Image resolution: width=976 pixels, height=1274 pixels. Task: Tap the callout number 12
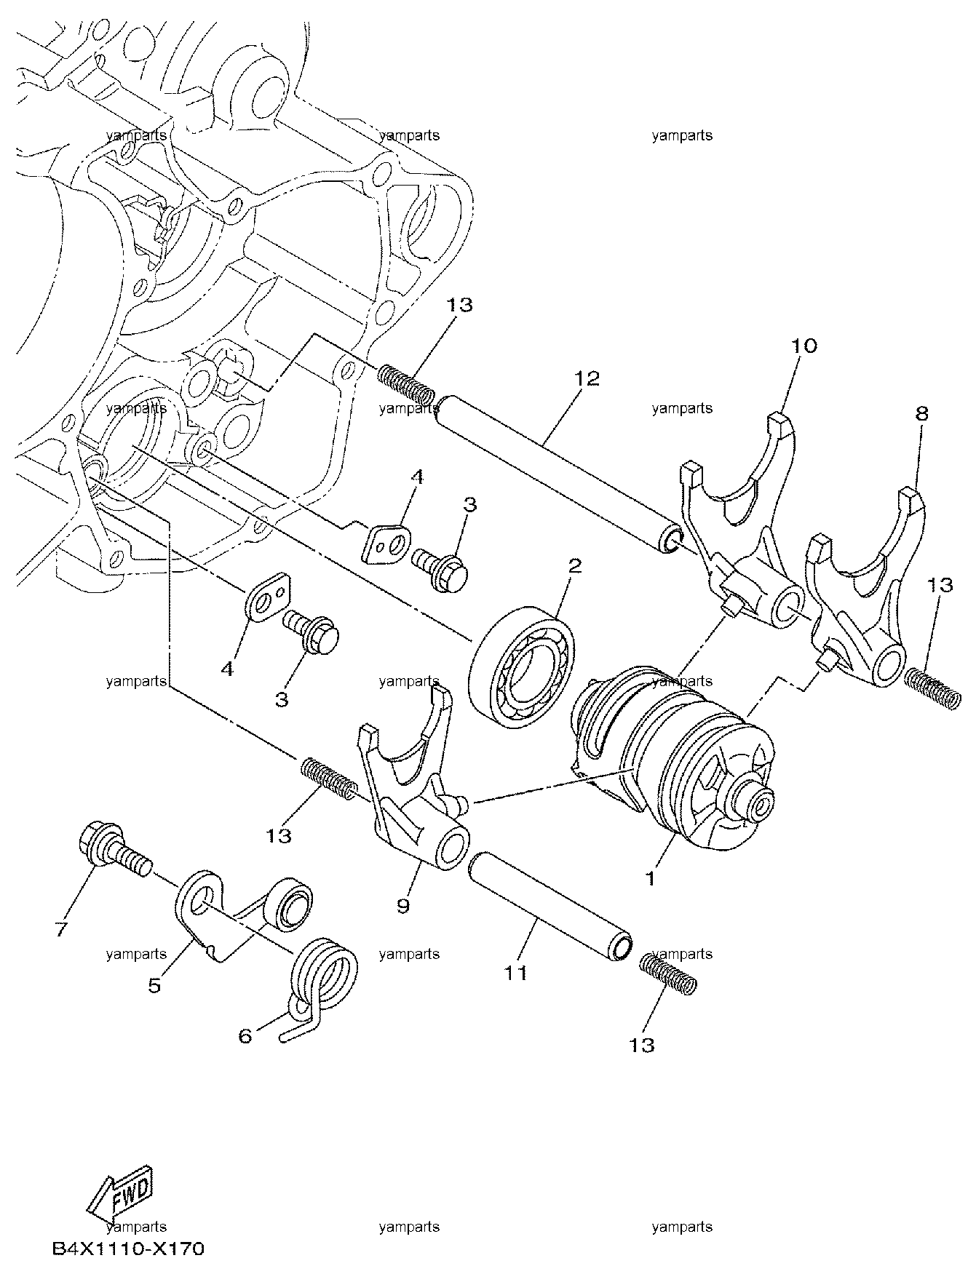pyautogui.click(x=587, y=379)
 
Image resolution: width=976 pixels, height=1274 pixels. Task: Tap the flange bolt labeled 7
pyautogui.click(x=113, y=854)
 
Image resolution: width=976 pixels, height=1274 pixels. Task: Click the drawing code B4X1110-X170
pyautogui.click(x=128, y=1250)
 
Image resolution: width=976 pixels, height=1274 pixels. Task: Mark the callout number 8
pyautogui.click(x=921, y=414)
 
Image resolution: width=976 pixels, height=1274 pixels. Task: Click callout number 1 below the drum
pyautogui.click(x=651, y=878)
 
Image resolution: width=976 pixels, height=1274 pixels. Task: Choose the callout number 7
pyautogui.click(x=63, y=928)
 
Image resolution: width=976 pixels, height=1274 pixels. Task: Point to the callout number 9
pyautogui.click(x=403, y=905)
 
